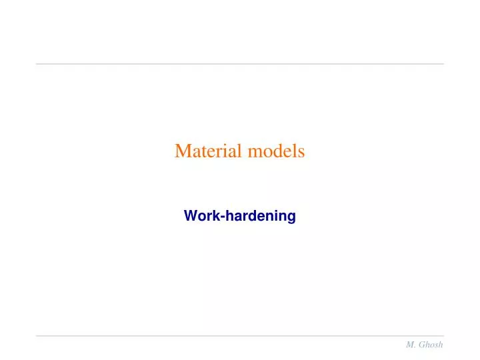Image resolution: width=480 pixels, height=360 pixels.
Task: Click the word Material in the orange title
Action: tap(209, 151)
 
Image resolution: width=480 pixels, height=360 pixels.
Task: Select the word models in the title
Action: tap(276, 151)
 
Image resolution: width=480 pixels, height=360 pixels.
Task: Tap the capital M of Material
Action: tap(182, 151)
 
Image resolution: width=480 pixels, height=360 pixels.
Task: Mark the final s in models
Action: tap(301, 152)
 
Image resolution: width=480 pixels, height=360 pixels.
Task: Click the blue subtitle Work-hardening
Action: tap(239, 216)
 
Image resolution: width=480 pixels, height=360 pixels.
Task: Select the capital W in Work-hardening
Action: tap(189, 216)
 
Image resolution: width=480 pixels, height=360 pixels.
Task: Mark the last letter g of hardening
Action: tap(291, 217)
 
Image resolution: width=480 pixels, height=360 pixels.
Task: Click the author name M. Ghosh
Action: tap(424, 344)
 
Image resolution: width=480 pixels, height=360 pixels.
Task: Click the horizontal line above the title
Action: tap(239, 64)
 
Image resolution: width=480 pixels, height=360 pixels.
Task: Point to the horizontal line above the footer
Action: tap(239, 335)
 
